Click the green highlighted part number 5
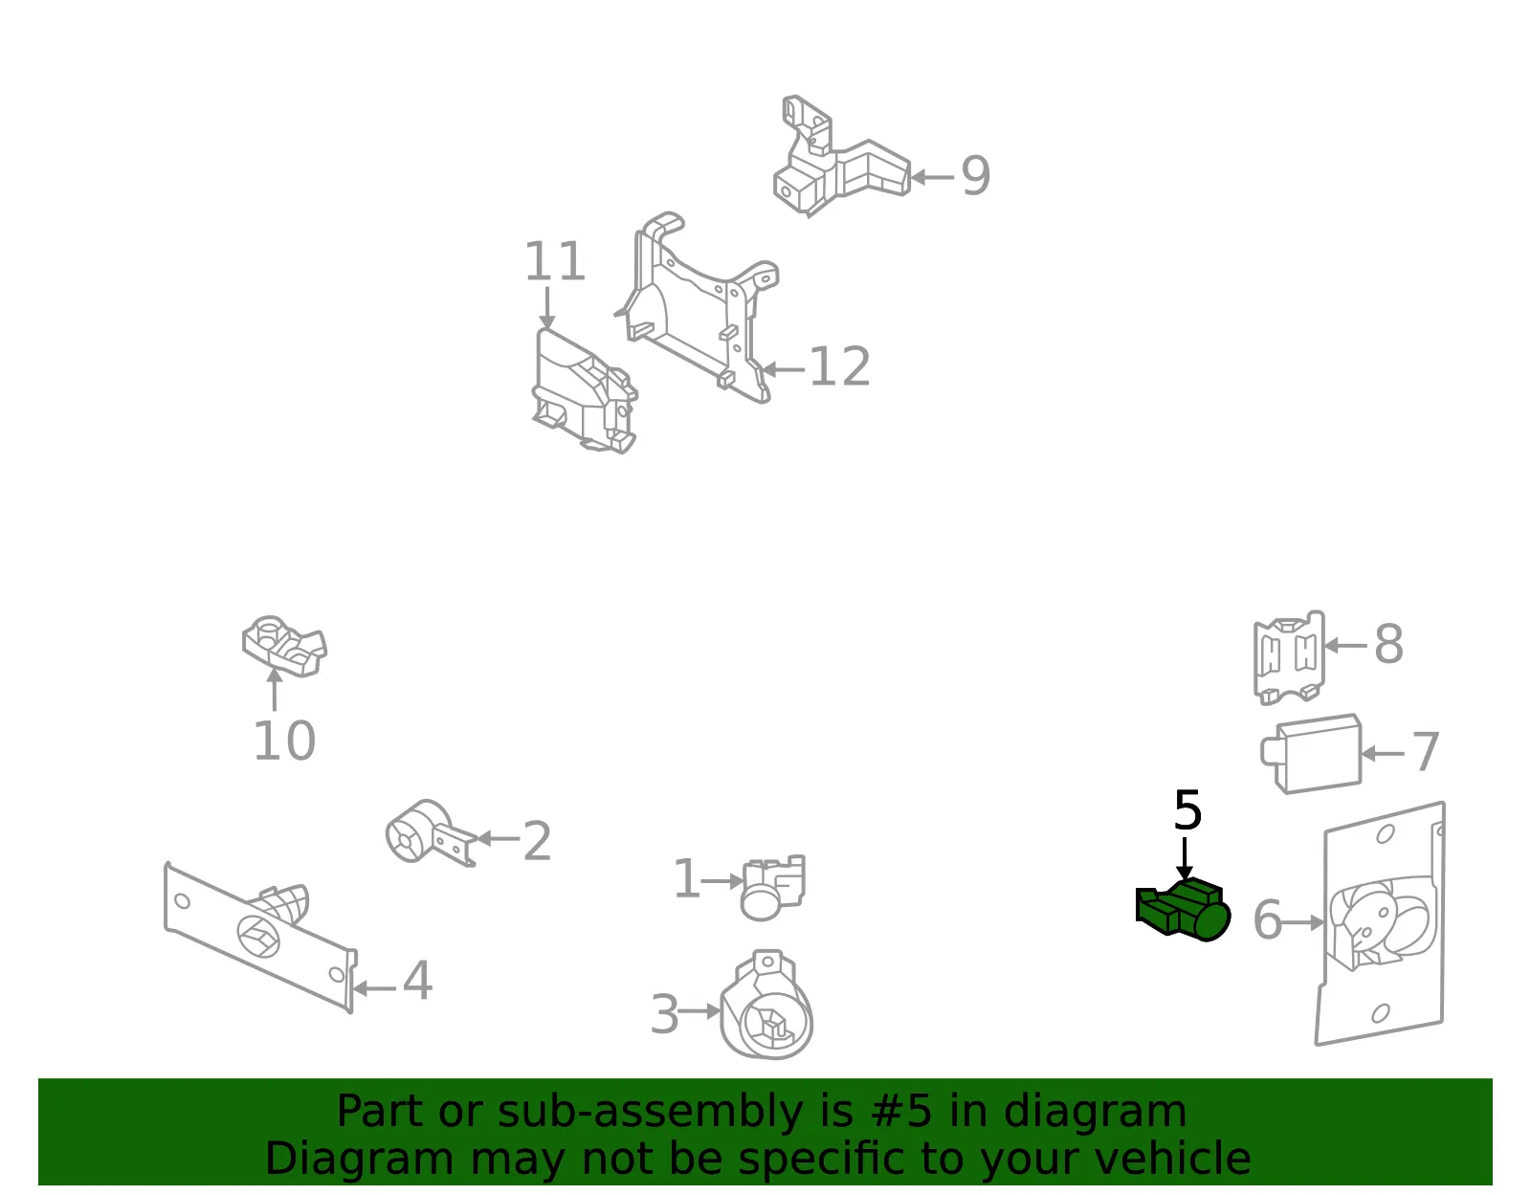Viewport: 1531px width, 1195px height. (x=1183, y=909)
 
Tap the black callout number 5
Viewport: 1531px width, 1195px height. (x=1187, y=811)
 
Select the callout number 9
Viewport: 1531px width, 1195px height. (x=976, y=176)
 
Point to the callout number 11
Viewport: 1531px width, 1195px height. (x=555, y=261)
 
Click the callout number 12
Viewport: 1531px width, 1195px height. (x=840, y=366)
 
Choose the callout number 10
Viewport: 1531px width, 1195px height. (x=284, y=741)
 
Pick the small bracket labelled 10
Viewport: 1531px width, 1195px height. (x=284, y=647)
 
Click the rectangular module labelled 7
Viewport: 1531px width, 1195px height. (x=1311, y=754)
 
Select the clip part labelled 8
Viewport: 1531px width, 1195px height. (x=1289, y=657)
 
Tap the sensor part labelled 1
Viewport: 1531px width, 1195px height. (x=773, y=887)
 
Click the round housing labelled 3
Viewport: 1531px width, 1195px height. (x=765, y=1005)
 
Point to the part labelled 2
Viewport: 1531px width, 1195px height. (x=431, y=833)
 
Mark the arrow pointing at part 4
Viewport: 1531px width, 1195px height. (x=374, y=988)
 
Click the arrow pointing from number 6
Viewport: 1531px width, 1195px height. (x=1303, y=922)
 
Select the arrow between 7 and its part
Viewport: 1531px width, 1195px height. (x=1383, y=754)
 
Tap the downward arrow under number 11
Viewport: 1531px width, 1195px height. (x=546, y=308)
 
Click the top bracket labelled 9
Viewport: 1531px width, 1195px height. (x=842, y=156)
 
